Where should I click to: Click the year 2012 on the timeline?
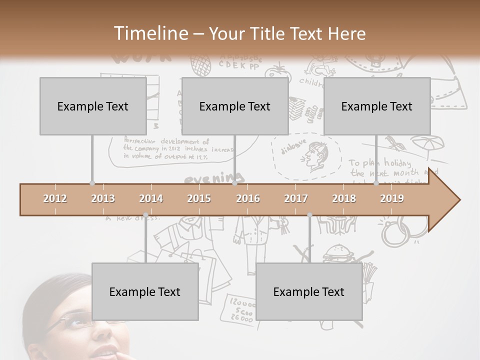click(x=55, y=198)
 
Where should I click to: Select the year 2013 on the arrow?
click(x=103, y=198)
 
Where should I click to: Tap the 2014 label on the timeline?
click(x=151, y=198)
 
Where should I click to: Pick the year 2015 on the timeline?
click(x=199, y=198)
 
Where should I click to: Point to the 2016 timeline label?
click(x=248, y=198)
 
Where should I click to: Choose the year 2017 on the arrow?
click(x=296, y=198)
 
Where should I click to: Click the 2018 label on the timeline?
click(x=344, y=198)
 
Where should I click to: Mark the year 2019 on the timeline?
click(x=392, y=198)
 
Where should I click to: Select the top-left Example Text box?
click(x=93, y=106)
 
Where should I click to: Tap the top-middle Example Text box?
click(x=235, y=106)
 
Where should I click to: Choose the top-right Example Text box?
click(x=377, y=106)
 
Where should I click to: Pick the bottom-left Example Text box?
click(x=145, y=291)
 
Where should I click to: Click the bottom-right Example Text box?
click(x=309, y=291)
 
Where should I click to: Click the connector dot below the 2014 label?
click(x=145, y=215)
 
